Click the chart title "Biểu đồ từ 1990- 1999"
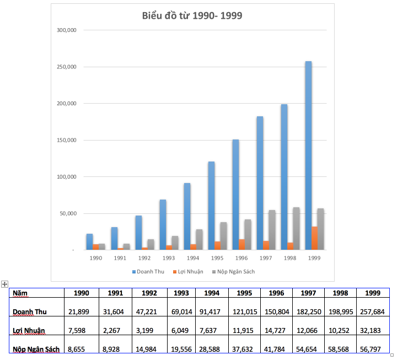(192, 15)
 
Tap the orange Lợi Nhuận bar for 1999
(314, 238)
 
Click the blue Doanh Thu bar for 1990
(89, 242)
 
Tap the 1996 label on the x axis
(241, 258)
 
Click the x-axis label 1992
(144, 258)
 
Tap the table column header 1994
(213, 293)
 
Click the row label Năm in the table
(20, 293)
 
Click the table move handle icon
(5, 284)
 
